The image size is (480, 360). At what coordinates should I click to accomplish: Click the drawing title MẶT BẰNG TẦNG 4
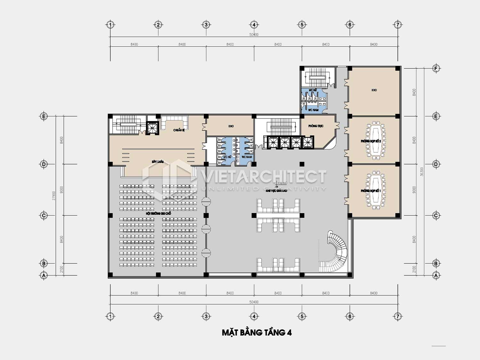tap(257, 333)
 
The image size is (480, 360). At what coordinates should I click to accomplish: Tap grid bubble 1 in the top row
tap(110, 25)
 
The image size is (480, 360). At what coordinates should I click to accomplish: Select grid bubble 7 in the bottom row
tap(397, 316)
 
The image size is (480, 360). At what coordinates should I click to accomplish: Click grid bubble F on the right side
tap(436, 68)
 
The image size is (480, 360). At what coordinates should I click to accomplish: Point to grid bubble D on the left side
tap(44, 164)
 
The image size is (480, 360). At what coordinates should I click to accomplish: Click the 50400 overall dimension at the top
tap(254, 35)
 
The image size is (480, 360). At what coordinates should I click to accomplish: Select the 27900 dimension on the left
tap(54, 196)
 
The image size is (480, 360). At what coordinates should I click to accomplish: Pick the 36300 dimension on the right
tap(422, 172)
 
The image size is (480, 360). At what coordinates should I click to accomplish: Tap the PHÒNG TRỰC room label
tap(316, 126)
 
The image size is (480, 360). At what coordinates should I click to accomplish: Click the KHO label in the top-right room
tap(374, 90)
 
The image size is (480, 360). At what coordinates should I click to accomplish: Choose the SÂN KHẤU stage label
tap(158, 162)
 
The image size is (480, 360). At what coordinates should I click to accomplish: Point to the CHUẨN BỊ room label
tap(179, 130)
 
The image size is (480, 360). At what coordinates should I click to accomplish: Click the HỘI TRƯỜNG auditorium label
tap(158, 213)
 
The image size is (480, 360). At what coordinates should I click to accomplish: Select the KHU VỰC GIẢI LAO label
tap(276, 191)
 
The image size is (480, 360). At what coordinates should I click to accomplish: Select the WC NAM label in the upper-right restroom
tap(313, 110)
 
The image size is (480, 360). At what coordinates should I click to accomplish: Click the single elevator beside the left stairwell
tap(152, 128)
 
